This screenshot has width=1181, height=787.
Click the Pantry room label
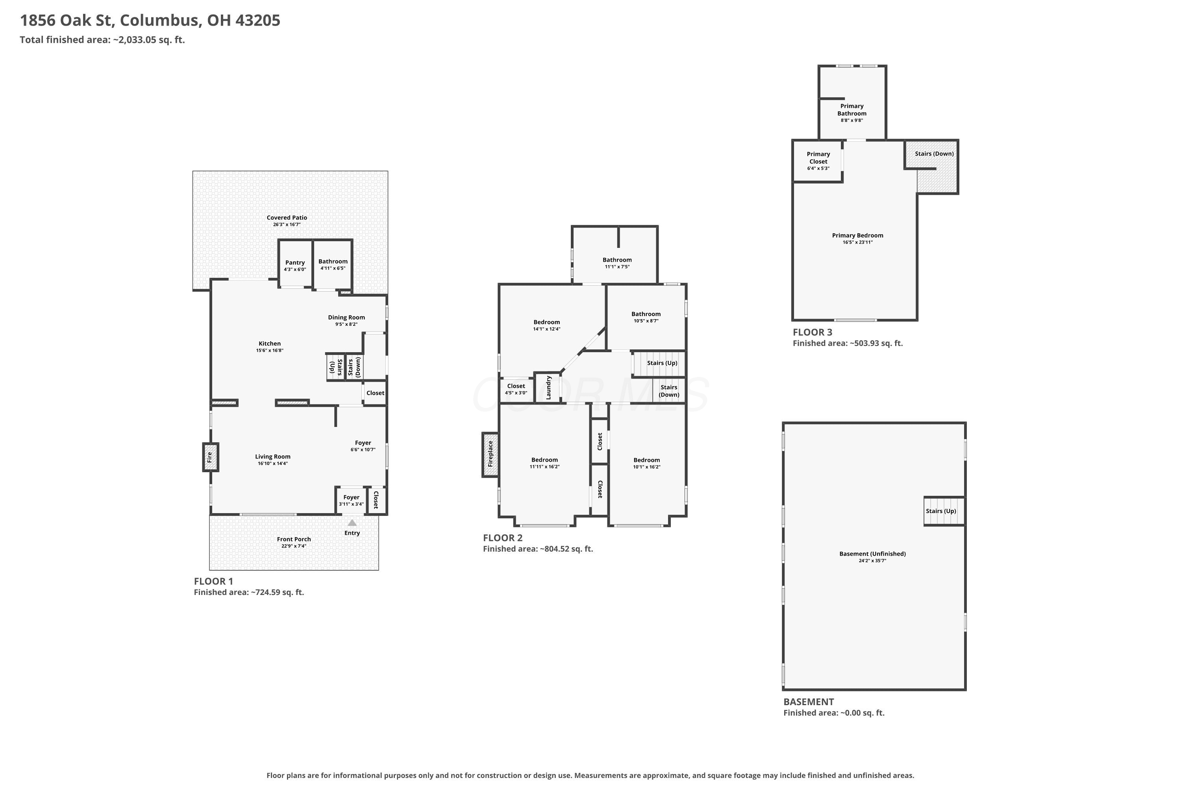295,262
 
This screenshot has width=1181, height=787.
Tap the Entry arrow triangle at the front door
352,523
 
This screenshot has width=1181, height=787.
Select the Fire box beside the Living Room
210,457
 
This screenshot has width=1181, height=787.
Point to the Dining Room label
346,317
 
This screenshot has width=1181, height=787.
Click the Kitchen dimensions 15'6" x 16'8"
270,350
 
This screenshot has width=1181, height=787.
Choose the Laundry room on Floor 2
548,388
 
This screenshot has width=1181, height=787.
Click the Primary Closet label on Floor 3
818,158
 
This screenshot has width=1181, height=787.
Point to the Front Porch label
294,539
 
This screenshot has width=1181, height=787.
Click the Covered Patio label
287,217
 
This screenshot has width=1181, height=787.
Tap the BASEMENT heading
809,702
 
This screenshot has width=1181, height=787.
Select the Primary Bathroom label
852,109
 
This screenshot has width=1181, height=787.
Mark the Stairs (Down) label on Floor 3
935,153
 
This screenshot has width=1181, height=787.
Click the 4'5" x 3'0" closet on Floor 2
516,390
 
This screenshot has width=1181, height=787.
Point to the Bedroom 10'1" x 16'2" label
647,460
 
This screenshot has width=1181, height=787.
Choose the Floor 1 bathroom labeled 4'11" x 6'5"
333,264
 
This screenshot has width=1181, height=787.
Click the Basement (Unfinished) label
873,554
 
